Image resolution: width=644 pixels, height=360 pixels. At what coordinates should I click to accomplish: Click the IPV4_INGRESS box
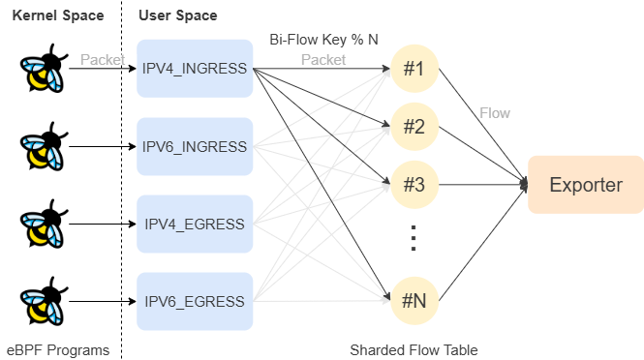[195, 69]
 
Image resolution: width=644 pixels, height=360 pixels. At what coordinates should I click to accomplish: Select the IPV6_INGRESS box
[195, 146]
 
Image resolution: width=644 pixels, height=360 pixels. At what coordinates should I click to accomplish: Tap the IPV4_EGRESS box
[195, 224]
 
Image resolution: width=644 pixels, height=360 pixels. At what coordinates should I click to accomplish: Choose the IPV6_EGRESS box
[195, 301]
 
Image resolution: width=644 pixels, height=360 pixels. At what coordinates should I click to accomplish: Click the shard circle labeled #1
[414, 69]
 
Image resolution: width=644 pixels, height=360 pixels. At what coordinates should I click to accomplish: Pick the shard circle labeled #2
[414, 127]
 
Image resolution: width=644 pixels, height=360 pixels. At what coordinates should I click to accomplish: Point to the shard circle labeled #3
[414, 185]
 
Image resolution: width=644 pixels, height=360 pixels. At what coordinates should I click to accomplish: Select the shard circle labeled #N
[414, 301]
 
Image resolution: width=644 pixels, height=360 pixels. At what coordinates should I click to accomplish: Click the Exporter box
[585, 185]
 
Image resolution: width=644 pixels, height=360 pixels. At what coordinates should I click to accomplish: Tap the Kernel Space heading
[57, 15]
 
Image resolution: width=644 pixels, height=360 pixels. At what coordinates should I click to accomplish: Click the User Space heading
[177, 15]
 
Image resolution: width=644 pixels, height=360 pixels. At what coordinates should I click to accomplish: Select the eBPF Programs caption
[58, 349]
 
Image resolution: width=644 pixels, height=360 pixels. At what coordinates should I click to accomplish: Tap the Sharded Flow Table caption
[414, 349]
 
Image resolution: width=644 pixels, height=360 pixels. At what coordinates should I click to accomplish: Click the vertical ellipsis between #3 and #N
[413, 237]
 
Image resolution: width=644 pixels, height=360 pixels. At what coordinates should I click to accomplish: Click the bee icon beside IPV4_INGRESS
[42, 73]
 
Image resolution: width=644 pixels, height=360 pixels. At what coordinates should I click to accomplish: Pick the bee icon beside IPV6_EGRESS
[42, 305]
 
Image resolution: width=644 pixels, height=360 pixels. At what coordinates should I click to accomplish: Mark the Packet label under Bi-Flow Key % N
[323, 60]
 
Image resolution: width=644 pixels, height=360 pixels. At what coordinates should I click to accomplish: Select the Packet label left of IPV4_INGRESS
[102, 60]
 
